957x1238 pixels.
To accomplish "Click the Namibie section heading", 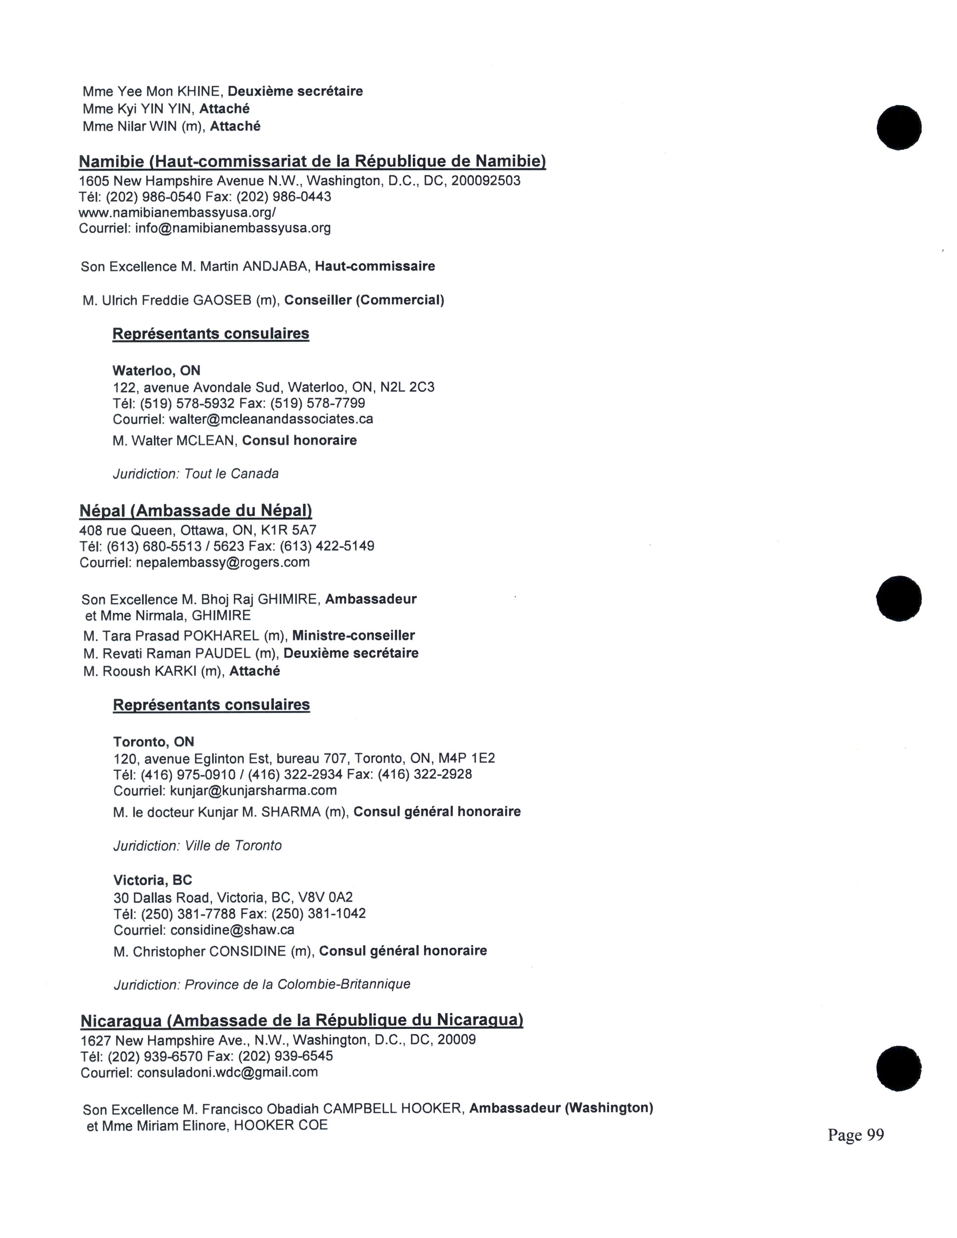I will pyautogui.click(x=312, y=162).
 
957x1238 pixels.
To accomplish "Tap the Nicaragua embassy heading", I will pyautogui.click(x=302, y=1020).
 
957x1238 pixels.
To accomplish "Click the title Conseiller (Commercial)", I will pyautogui.click(x=364, y=300).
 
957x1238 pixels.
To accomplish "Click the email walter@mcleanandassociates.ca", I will pyautogui.click(x=271, y=419).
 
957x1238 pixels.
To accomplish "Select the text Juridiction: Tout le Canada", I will pyautogui.click(x=196, y=474).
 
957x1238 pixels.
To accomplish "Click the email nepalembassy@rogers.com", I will pyautogui.click(x=223, y=562).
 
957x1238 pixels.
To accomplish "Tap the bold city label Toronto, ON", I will pyautogui.click(x=153, y=742).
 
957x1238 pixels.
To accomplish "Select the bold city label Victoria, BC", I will pyautogui.click(x=152, y=880).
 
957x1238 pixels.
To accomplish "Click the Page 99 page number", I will pyautogui.click(x=856, y=1135).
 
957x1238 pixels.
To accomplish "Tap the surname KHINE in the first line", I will pyautogui.click(x=199, y=91).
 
